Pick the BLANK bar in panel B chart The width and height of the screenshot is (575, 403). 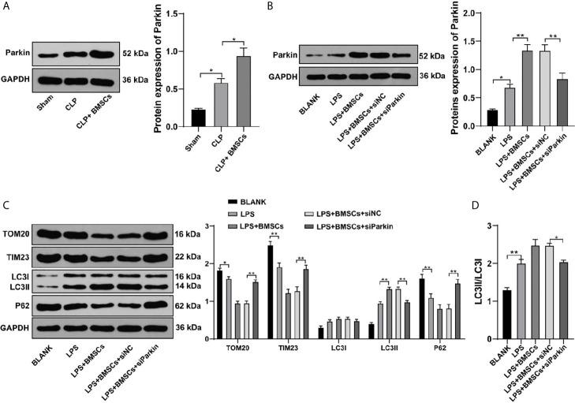coord(469,118)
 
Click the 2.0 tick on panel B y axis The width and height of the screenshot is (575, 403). coord(450,13)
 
